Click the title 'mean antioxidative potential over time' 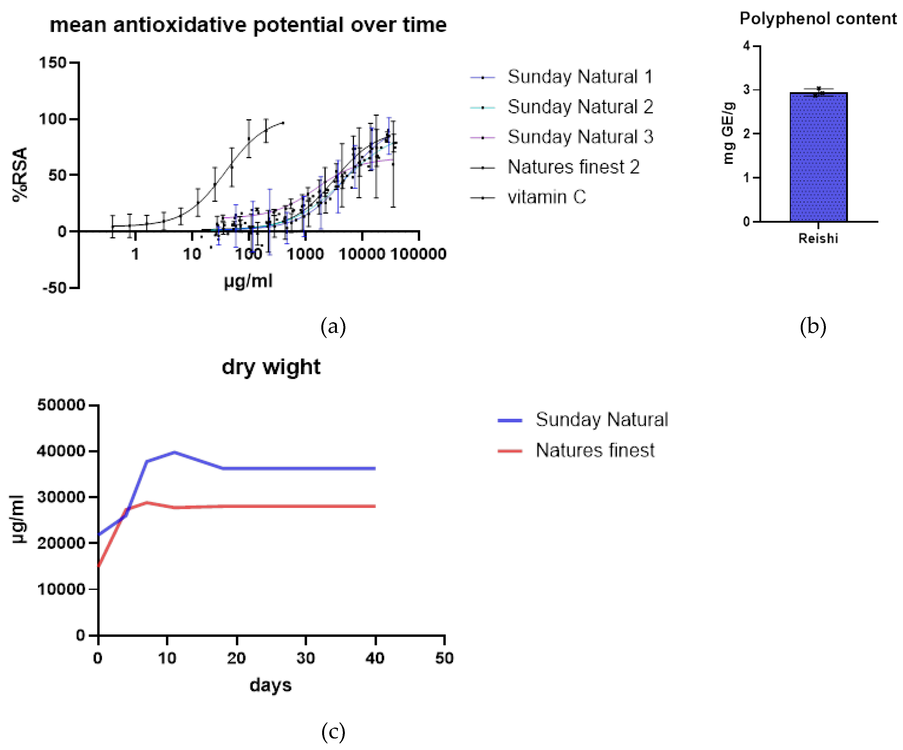coord(248,25)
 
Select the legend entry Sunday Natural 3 coord(580,137)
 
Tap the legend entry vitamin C coord(546,197)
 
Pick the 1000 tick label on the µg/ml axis coord(305,254)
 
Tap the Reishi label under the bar coord(818,238)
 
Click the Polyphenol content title coord(818,19)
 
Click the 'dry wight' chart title coord(271,367)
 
